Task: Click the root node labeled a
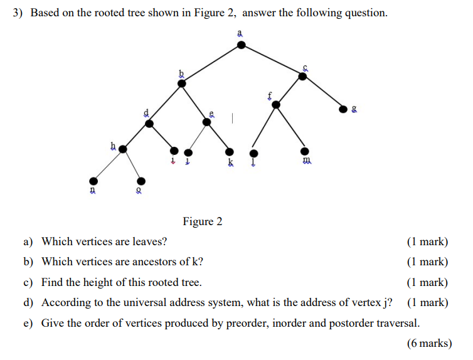241,45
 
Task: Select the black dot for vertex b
182,83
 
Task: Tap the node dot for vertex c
302,76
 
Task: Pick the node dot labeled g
343,109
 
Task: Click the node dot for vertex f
275,105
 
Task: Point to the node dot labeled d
149,124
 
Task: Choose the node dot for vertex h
123,149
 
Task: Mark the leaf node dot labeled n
93,181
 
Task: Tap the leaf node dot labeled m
305,152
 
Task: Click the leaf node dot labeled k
230,152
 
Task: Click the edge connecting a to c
272,60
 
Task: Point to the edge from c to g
322,92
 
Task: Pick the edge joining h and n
108,165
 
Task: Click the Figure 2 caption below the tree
202,221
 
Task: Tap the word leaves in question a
151,241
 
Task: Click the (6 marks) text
428,343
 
